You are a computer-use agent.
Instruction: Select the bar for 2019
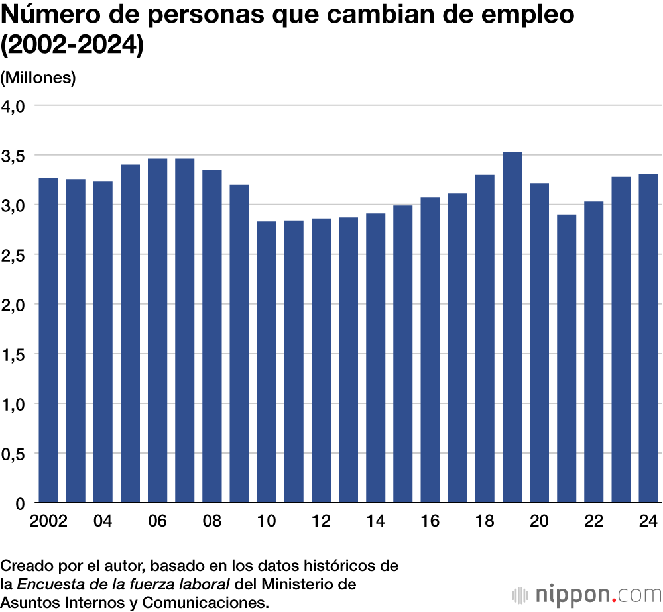(x=512, y=327)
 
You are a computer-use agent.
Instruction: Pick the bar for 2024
(x=648, y=338)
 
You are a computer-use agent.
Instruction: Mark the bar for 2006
(x=157, y=331)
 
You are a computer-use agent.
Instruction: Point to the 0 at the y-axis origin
(x=20, y=503)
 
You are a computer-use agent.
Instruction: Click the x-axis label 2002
(x=48, y=521)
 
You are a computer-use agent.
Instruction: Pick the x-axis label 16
(x=430, y=521)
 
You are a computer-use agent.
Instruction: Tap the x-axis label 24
(x=648, y=521)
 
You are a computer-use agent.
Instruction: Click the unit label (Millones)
(x=38, y=77)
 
